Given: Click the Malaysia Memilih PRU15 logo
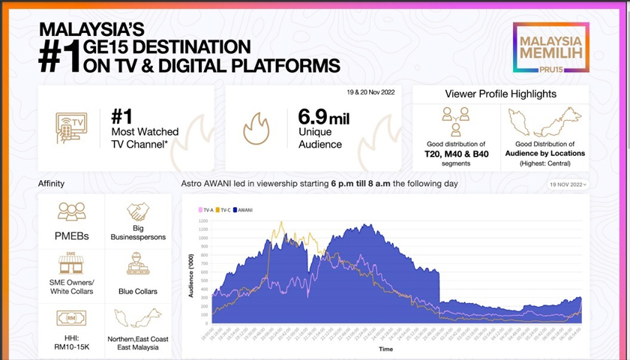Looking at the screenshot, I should [x=551, y=46].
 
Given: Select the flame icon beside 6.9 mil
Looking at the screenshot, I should [x=256, y=128].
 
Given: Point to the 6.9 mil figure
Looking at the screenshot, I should [x=324, y=117].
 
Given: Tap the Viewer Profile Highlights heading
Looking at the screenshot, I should [x=500, y=94].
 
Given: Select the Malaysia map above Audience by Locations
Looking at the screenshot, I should [x=545, y=122].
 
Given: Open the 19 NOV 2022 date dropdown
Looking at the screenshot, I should [x=568, y=184].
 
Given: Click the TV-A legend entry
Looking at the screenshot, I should [x=206, y=210].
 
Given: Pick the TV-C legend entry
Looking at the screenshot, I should [x=224, y=210].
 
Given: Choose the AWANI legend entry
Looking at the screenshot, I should [x=244, y=210].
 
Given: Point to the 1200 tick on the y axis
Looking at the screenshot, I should [x=202, y=222].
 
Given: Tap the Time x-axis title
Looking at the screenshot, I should [x=385, y=349].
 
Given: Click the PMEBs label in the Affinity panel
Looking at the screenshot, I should [x=71, y=236].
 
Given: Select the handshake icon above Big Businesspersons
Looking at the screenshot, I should [x=138, y=212].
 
